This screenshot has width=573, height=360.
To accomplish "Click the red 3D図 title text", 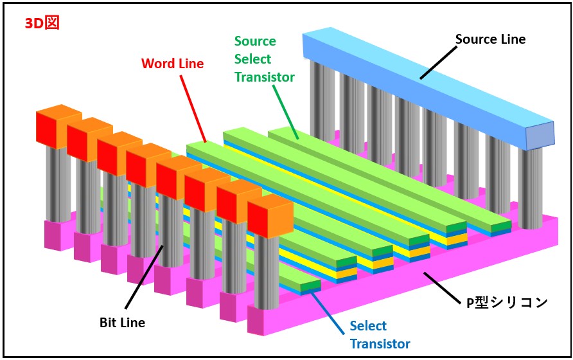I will [41, 23].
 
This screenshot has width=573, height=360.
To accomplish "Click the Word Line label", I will [172, 64].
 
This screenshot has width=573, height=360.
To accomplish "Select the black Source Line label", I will [490, 39].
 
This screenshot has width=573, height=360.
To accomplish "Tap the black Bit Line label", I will [123, 322].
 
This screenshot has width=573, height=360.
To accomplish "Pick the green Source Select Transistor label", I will [263, 59].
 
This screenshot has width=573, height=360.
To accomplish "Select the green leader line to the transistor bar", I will [286, 111].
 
